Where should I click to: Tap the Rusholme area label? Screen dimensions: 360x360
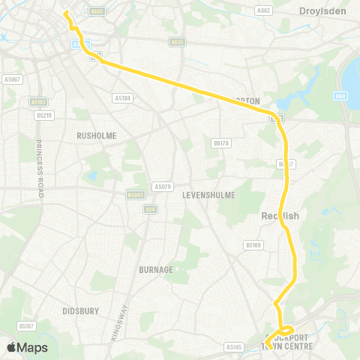94,136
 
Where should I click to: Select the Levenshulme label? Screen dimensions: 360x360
208,195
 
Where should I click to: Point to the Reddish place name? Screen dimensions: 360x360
280,216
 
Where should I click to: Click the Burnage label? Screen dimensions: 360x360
156,268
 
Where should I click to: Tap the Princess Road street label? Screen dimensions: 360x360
39,168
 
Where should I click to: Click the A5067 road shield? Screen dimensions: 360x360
10,77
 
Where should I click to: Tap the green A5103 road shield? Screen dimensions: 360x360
38,101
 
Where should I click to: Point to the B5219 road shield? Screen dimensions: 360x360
44,115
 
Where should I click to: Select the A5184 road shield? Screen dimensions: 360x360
122,97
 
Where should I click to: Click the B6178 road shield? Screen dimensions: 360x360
220,142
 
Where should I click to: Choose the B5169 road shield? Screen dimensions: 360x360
253,244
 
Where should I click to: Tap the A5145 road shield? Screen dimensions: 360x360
235,346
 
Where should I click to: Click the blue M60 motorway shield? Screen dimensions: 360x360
342,96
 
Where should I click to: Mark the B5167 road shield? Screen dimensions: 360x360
26,325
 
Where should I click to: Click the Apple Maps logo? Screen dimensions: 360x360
26,346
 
